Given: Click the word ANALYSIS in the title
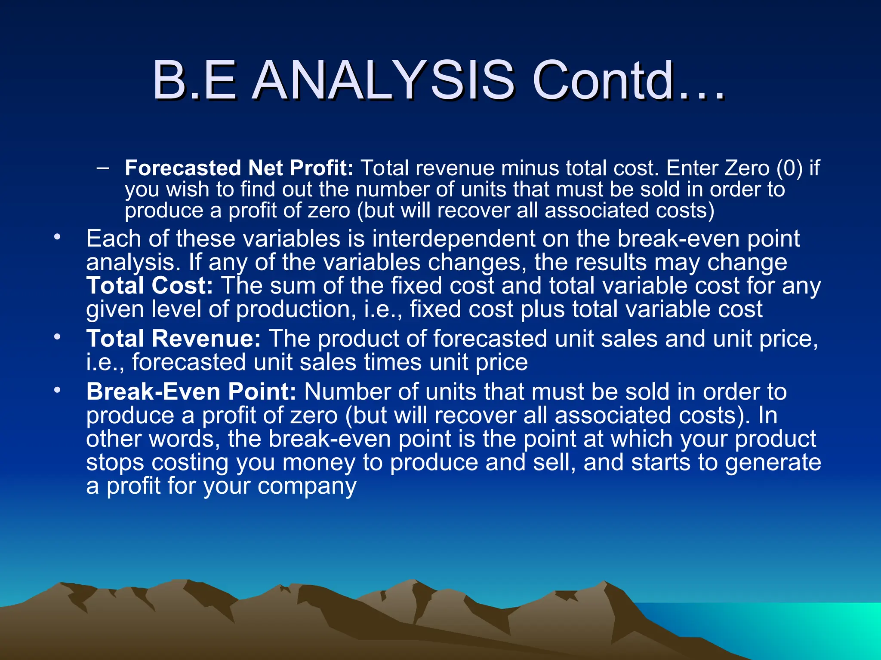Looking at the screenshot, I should coord(383,80).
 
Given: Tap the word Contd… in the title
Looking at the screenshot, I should coord(628,80).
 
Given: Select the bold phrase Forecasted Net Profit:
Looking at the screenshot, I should coord(239,168).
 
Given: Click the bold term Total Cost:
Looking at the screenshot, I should coord(149,286).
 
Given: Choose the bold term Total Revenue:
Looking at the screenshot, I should coord(173,339).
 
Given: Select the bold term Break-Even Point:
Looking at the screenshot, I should coord(191,392).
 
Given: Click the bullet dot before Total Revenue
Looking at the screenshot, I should coord(57,337).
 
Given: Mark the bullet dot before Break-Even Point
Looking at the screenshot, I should coord(57,390).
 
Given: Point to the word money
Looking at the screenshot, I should coord(319,463).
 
